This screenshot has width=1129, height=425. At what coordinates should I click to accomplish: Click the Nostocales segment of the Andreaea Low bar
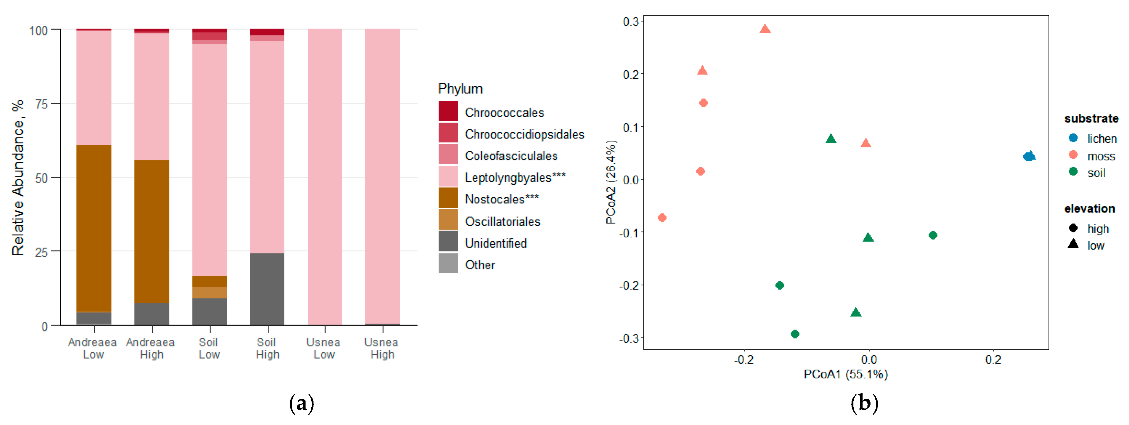click(x=94, y=228)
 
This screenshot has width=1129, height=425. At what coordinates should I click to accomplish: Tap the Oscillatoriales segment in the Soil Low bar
click(x=210, y=293)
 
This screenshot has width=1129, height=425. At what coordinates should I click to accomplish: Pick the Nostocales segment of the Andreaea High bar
click(x=152, y=231)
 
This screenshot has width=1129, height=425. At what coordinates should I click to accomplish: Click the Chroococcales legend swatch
click(x=448, y=111)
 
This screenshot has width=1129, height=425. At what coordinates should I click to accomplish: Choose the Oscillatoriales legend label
click(x=502, y=221)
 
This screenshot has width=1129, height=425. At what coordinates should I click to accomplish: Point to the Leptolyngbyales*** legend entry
click(x=515, y=178)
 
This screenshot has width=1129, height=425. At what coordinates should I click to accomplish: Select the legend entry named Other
click(x=480, y=265)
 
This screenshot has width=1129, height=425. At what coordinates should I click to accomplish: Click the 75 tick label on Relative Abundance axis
click(x=41, y=104)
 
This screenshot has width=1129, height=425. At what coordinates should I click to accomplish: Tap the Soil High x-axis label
click(x=267, y=348)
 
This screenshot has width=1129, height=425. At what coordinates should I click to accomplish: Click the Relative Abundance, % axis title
click(x=18, y=178)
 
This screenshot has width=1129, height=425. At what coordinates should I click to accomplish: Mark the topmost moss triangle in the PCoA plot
click(x=765, y=29)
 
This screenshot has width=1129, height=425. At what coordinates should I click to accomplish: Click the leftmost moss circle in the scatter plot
click(x=662, y=217)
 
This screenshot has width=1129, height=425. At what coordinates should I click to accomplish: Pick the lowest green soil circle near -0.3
click(x=795, y=334)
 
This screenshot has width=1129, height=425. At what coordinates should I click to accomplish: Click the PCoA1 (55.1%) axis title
click(x=845, y=374)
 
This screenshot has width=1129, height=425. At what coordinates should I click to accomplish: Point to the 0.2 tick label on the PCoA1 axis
click(x=993, y=360)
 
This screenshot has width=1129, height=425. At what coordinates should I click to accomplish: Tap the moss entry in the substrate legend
click(x=1101, y=156)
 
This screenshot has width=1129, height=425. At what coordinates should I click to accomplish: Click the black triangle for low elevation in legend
click(x=1073, y=244)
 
